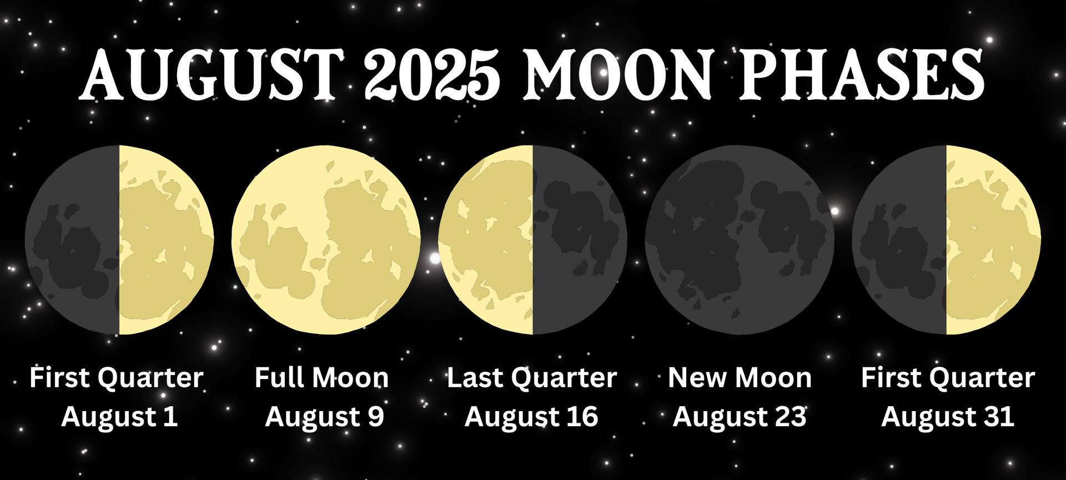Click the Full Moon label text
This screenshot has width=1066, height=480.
321,378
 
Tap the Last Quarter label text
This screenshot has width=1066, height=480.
532,378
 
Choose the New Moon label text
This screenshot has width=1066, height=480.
740,378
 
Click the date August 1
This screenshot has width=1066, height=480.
119,417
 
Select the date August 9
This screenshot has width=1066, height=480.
325,417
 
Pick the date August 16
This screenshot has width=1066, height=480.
531,417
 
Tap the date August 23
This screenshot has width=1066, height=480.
740,417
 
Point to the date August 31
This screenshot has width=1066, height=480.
948,417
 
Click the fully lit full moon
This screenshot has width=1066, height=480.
326,240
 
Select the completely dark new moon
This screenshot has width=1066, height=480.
740,240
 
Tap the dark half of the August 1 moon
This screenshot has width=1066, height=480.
72,240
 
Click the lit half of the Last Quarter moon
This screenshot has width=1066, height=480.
486,240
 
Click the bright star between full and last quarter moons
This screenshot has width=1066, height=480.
435,258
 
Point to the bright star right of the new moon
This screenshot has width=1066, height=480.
834,211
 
